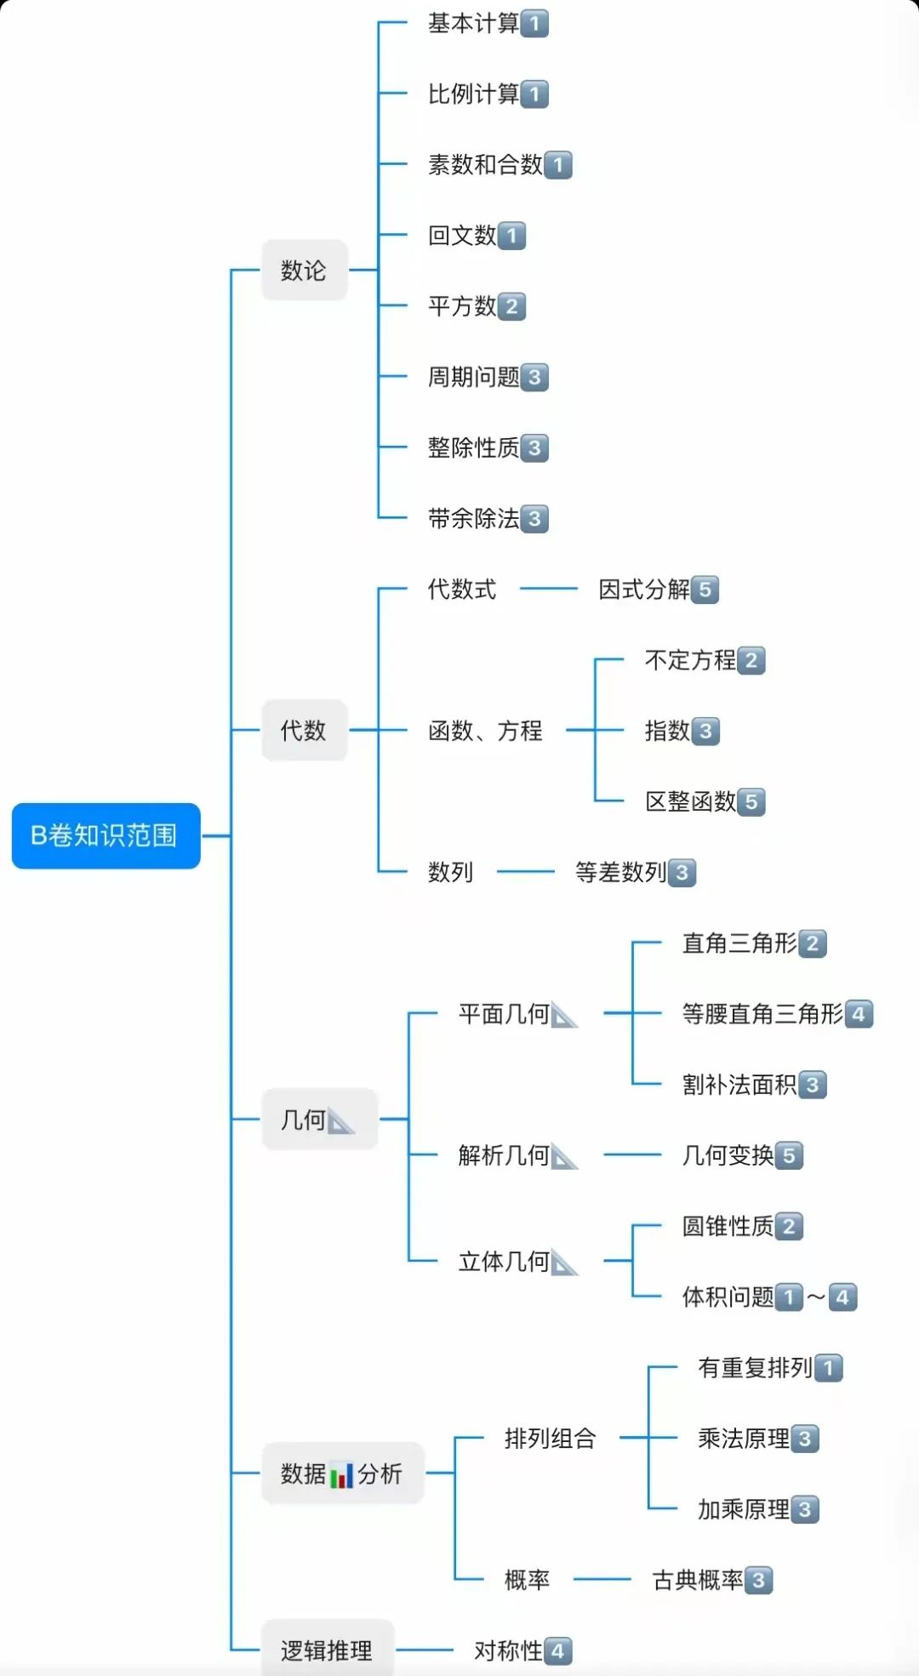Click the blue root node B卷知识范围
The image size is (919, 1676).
pyautogui.click(x=106, y=835)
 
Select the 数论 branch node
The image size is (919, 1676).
pyautogui.click(x=304, y=271)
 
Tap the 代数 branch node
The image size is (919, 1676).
pyautogui.click(x=304, y=730)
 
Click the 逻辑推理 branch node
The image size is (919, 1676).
pyautogui.click(x=327, y=1650)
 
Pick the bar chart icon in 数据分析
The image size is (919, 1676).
pyautogui.click(x=341, y=1474)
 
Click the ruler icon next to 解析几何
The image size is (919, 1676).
pyautogui.click(x=563, y=1156)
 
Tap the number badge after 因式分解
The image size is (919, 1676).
pyautogui.click(x=705, y=590)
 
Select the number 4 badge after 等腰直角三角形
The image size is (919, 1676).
pyautogui.click(x=859, y=1014)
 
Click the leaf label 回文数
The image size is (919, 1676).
pyautogui.click(x=462, y=236)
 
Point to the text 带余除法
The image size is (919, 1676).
pyautogui.click(x=473, y=519)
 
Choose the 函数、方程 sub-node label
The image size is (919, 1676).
pyautogui.click(x=485, y=731)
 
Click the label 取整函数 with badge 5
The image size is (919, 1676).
pyautogui.click(x=690, y=801)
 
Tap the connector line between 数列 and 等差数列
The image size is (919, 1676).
pyautogui.click(x=525, y=871)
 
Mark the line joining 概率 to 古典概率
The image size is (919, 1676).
pyautogui.click(x=602, y=1580)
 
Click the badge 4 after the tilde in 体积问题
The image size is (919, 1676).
pyautogui.click(x=842, y=1297)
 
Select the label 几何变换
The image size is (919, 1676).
pyautogui.click(x=728, y=1155)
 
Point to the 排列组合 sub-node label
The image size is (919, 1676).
pyautogui.click(x=550, y=1439)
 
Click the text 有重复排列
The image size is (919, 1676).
pyautogui.click(x=755, y=1368)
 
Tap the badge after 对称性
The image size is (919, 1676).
pyautogui.click(x=557, y=1651)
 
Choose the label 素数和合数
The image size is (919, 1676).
pyautogui.click(x=485, y=165)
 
